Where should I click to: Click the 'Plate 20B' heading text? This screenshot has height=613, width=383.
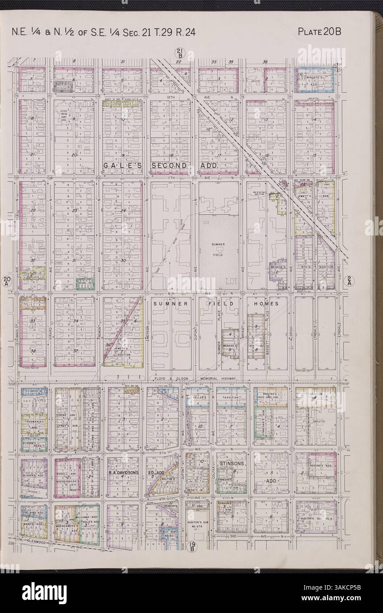pos(320,31)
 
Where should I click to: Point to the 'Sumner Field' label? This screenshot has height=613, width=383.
pos(218,247)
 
